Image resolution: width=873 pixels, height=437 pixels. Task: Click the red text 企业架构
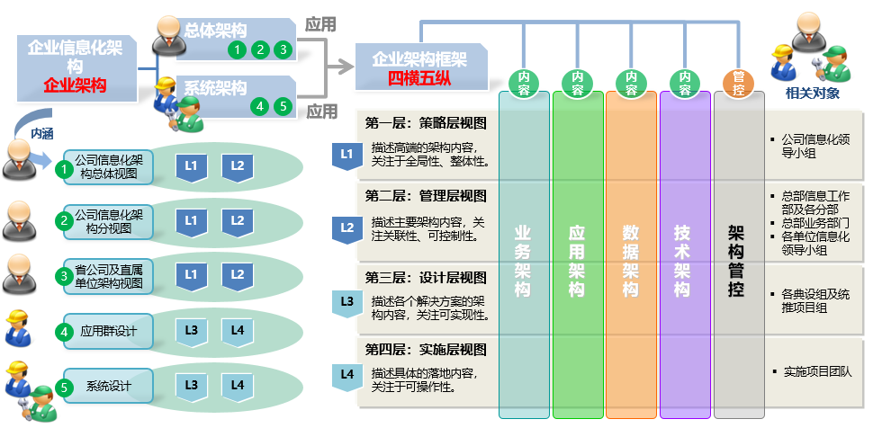click(75, 86)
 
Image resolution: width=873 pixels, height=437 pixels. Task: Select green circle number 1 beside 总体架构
click(237, 49)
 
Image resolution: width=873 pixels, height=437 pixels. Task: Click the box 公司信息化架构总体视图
click(109, 167)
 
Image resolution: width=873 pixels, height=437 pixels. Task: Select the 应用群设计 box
click(109, 331)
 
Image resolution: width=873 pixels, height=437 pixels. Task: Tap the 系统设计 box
click(109, 387)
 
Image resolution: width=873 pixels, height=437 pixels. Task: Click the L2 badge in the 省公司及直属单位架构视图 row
click(237, 274)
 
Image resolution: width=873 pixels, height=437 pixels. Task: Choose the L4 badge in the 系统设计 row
click(237, 386)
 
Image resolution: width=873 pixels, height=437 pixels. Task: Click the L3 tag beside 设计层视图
click(347, 301)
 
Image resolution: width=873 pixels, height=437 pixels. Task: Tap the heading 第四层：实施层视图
click(426, 350)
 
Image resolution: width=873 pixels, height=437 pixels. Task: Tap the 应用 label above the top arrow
click(321, 24)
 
